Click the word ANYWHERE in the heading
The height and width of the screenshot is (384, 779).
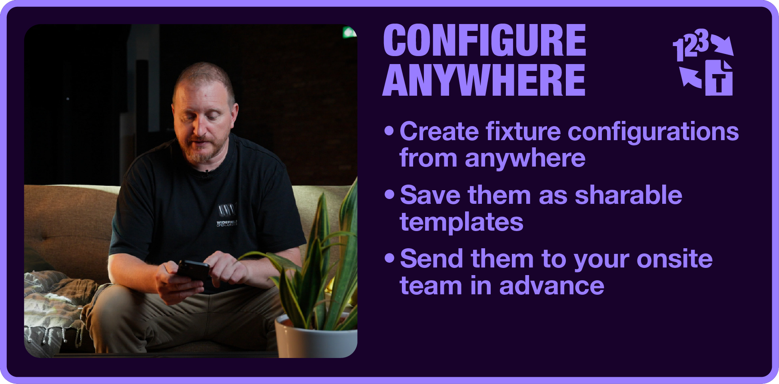tap(484, 80)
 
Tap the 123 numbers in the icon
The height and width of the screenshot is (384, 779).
tap(691, 45)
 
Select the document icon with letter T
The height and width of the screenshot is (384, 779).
tap(719, 78)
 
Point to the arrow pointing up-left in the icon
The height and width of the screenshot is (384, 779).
tap(691, 77)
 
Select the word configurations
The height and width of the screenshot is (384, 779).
tap(653, 133)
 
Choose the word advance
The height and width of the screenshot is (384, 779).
tap(552, 285)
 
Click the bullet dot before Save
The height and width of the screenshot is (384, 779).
tap(389, 195)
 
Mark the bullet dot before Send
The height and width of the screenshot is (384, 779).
tap(389, 258)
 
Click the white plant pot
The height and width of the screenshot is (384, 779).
tap(316, 336)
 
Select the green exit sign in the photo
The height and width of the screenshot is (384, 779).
tap(349, 32)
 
